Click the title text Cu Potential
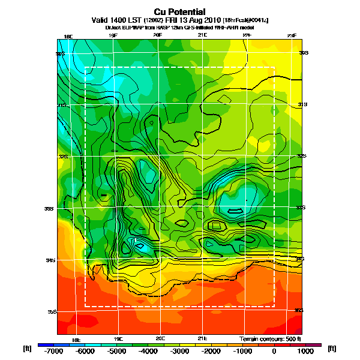[x=179, y=11]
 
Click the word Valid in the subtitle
[x=101, y=20]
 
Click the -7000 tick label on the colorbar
[x=53, y=352]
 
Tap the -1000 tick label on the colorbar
[x=242, y=352]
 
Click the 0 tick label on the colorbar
[x=274, y=352]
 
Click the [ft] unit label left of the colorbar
[x=27, y=348]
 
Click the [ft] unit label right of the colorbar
[x=331, y=348]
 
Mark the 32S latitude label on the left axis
[x=61, y=157]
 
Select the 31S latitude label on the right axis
[x=302, y=104]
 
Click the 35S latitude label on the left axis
[x=61, y=312]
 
